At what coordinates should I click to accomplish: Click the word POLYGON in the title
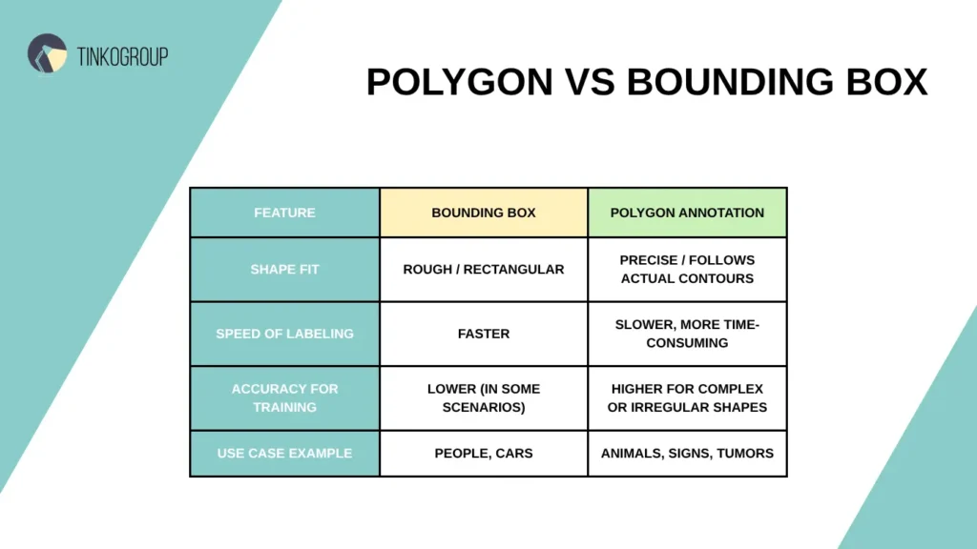[459, 82]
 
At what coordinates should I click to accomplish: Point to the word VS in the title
[590, 82]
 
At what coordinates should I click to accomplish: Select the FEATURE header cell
[284, 213]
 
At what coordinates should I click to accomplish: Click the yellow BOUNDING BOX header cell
[484, 213]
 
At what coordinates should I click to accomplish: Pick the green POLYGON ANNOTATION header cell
[687, 213]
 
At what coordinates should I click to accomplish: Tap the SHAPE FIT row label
[284, 270]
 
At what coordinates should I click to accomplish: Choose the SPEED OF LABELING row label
[284, 334]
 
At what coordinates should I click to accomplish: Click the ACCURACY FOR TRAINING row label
[284, 397]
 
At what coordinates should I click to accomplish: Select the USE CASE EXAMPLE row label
[284, 453]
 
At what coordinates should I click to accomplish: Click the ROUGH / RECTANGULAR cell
[484, 270]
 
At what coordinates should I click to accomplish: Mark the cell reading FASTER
[484, 334]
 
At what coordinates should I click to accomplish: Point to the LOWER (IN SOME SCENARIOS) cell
[484, 397]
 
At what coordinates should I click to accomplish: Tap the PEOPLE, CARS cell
[484, 453]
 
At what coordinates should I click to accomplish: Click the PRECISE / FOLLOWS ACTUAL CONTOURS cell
[687, 270]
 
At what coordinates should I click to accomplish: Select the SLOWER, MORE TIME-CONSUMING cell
[687, 334]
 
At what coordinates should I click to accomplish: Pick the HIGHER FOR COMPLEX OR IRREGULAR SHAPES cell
[687, 397]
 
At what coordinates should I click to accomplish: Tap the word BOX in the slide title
[884, 82]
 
